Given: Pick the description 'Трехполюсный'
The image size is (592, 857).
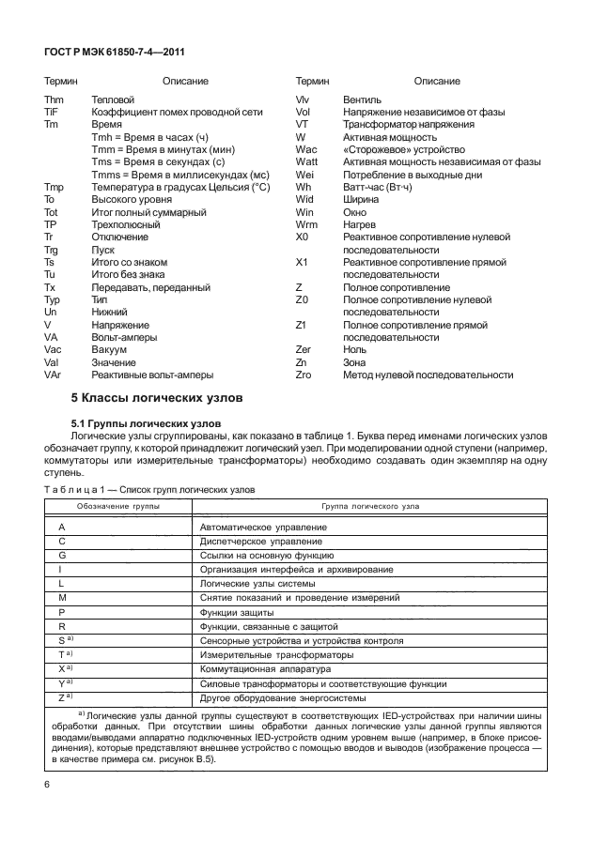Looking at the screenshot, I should click(123, 224).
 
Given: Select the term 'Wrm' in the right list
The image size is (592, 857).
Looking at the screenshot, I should click(306, 224).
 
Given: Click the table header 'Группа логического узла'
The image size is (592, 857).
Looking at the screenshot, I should click(370, 505).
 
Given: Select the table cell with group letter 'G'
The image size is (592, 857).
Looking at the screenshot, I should click(62, 557).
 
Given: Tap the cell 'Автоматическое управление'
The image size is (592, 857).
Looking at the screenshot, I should click(263, 528).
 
